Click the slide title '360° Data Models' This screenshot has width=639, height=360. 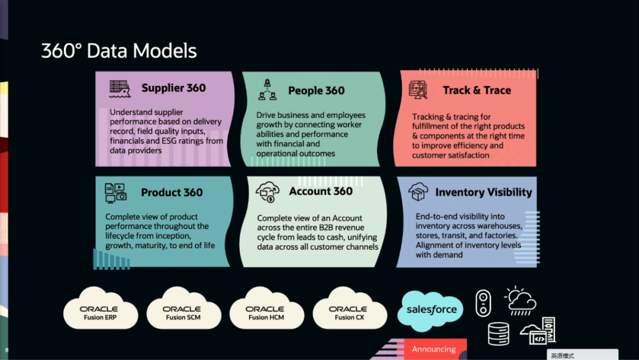tap(119, 51)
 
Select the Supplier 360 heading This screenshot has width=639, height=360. tap(173, 88)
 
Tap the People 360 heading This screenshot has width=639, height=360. tap(316, 91)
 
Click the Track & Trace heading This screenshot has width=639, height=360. tap(476, 91)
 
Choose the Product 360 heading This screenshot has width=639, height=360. tap(172, 192)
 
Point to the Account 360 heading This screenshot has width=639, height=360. tap(321, 191)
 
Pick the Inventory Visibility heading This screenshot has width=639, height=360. tap(483, 192)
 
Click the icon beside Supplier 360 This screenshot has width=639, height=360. tap(120, 89)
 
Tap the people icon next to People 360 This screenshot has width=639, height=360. tap(267, 90)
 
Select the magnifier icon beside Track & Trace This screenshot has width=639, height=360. tap(418, 90)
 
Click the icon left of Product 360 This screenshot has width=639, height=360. tap(116, 192)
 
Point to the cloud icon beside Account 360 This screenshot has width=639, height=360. tap(267, 191)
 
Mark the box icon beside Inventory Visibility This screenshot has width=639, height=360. tap(418, 192)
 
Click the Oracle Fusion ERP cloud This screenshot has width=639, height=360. tap(99, 310)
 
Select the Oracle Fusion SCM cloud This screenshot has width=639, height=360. tap(182, 310)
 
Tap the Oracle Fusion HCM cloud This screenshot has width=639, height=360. tap(265, 310)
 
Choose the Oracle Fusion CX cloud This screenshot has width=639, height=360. tap(348, 310)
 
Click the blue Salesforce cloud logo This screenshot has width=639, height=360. tap(431, 310)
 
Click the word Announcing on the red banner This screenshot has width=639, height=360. tap(434, 349)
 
